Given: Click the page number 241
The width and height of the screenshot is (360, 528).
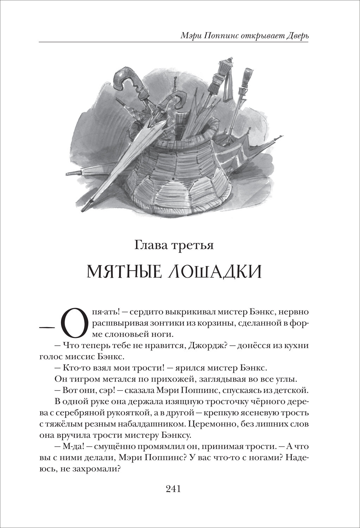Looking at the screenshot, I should pos(173,489).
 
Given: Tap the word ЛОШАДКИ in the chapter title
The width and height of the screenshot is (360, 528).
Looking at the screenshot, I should pos(218,272).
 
